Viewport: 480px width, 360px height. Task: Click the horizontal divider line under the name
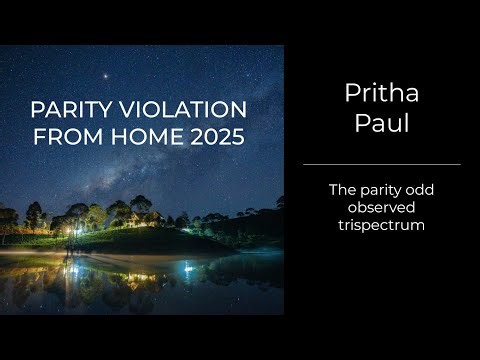(381, 164)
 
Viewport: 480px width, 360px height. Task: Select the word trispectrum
(381, 226)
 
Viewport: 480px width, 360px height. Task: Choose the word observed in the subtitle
(381, 207)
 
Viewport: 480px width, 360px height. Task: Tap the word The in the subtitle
(343, 188)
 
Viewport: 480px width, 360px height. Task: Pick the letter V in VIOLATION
(128, 109)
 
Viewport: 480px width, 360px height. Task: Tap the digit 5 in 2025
(236, 137)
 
